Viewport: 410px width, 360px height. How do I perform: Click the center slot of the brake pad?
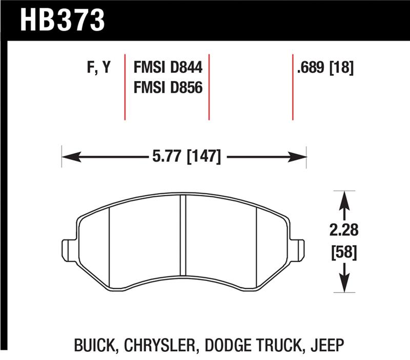pyautogui.click(x=183, y=236)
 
